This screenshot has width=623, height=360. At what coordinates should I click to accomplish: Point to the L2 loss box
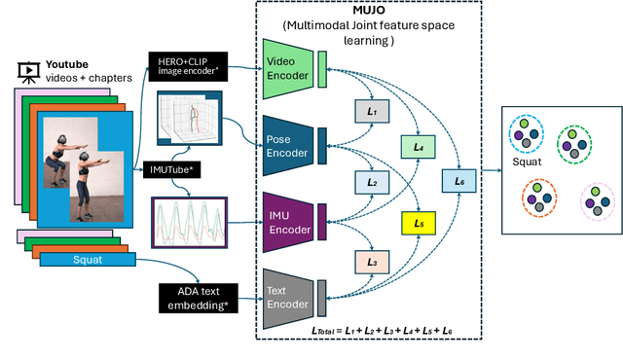[x=372, y=182]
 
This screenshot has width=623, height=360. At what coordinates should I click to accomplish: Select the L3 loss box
[x=372, y=263]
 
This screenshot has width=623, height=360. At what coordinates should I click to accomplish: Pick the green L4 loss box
[x=420, y=146]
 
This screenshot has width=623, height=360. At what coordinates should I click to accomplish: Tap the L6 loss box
[x=460, y=181]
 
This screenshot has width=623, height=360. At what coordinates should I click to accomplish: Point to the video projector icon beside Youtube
[x=28, y=70]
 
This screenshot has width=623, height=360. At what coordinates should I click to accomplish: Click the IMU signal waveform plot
[x=188, y=225]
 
